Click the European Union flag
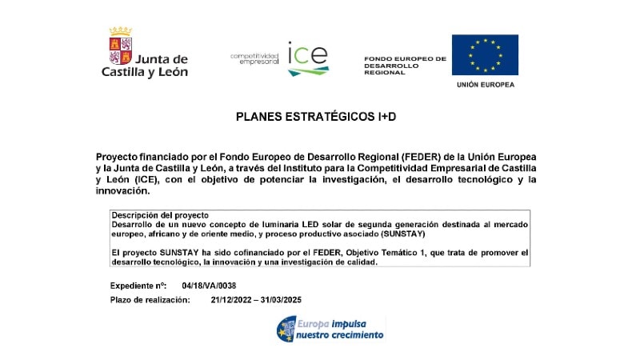point(485,54)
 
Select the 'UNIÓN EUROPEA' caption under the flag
point(486,84)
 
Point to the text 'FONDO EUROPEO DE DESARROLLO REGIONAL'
point(405,66)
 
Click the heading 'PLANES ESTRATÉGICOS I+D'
point(316,117)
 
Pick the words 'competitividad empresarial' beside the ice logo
point(254,58)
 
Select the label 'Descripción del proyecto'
point(160,215)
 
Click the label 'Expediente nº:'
point(138,286)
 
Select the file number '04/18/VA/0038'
point(209,286)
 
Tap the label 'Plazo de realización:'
point(150,300)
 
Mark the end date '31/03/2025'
point(279,300)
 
